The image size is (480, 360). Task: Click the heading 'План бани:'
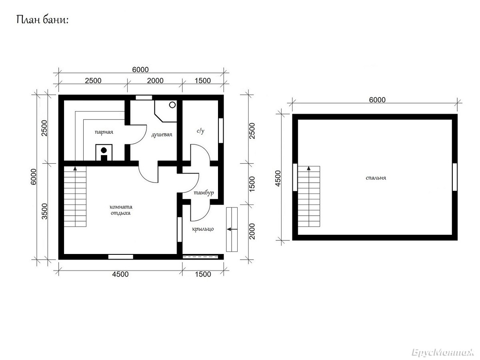[43, 20]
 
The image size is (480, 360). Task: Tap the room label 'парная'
[104, 132]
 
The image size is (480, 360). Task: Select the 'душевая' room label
[162, 135]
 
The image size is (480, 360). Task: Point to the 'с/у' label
[200, 131]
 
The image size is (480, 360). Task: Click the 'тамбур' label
[204, 193]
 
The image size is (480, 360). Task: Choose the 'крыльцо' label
[203, 229]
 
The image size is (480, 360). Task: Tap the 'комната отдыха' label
[121, 210]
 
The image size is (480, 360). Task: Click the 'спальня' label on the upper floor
[376, 178]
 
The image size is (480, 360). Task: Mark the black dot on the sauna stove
[104, 150]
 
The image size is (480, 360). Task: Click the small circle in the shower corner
[172, 105]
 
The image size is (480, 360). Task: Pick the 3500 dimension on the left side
[45, 211]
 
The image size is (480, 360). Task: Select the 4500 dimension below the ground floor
[120, 274]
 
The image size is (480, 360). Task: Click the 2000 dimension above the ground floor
[155, 81]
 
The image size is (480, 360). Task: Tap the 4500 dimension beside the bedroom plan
[278, 178]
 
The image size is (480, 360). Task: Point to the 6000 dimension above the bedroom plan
[377, 100]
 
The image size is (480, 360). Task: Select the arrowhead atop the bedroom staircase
[309, 168]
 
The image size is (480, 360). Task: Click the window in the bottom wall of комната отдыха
[121, 257]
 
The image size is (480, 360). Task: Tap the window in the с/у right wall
[221, 131]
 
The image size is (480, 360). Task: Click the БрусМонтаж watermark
[443, 352]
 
